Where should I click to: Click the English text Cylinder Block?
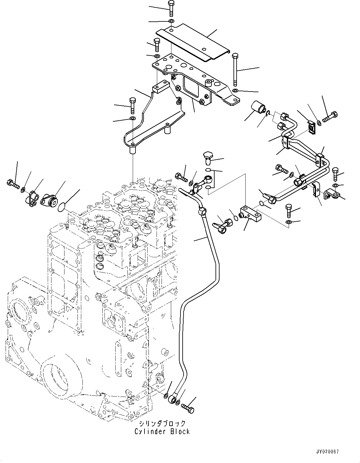coord(162,431)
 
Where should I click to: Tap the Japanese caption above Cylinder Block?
coord(162,424)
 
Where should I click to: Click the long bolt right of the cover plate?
coord(235,70)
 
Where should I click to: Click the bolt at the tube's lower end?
coord(188,407)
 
